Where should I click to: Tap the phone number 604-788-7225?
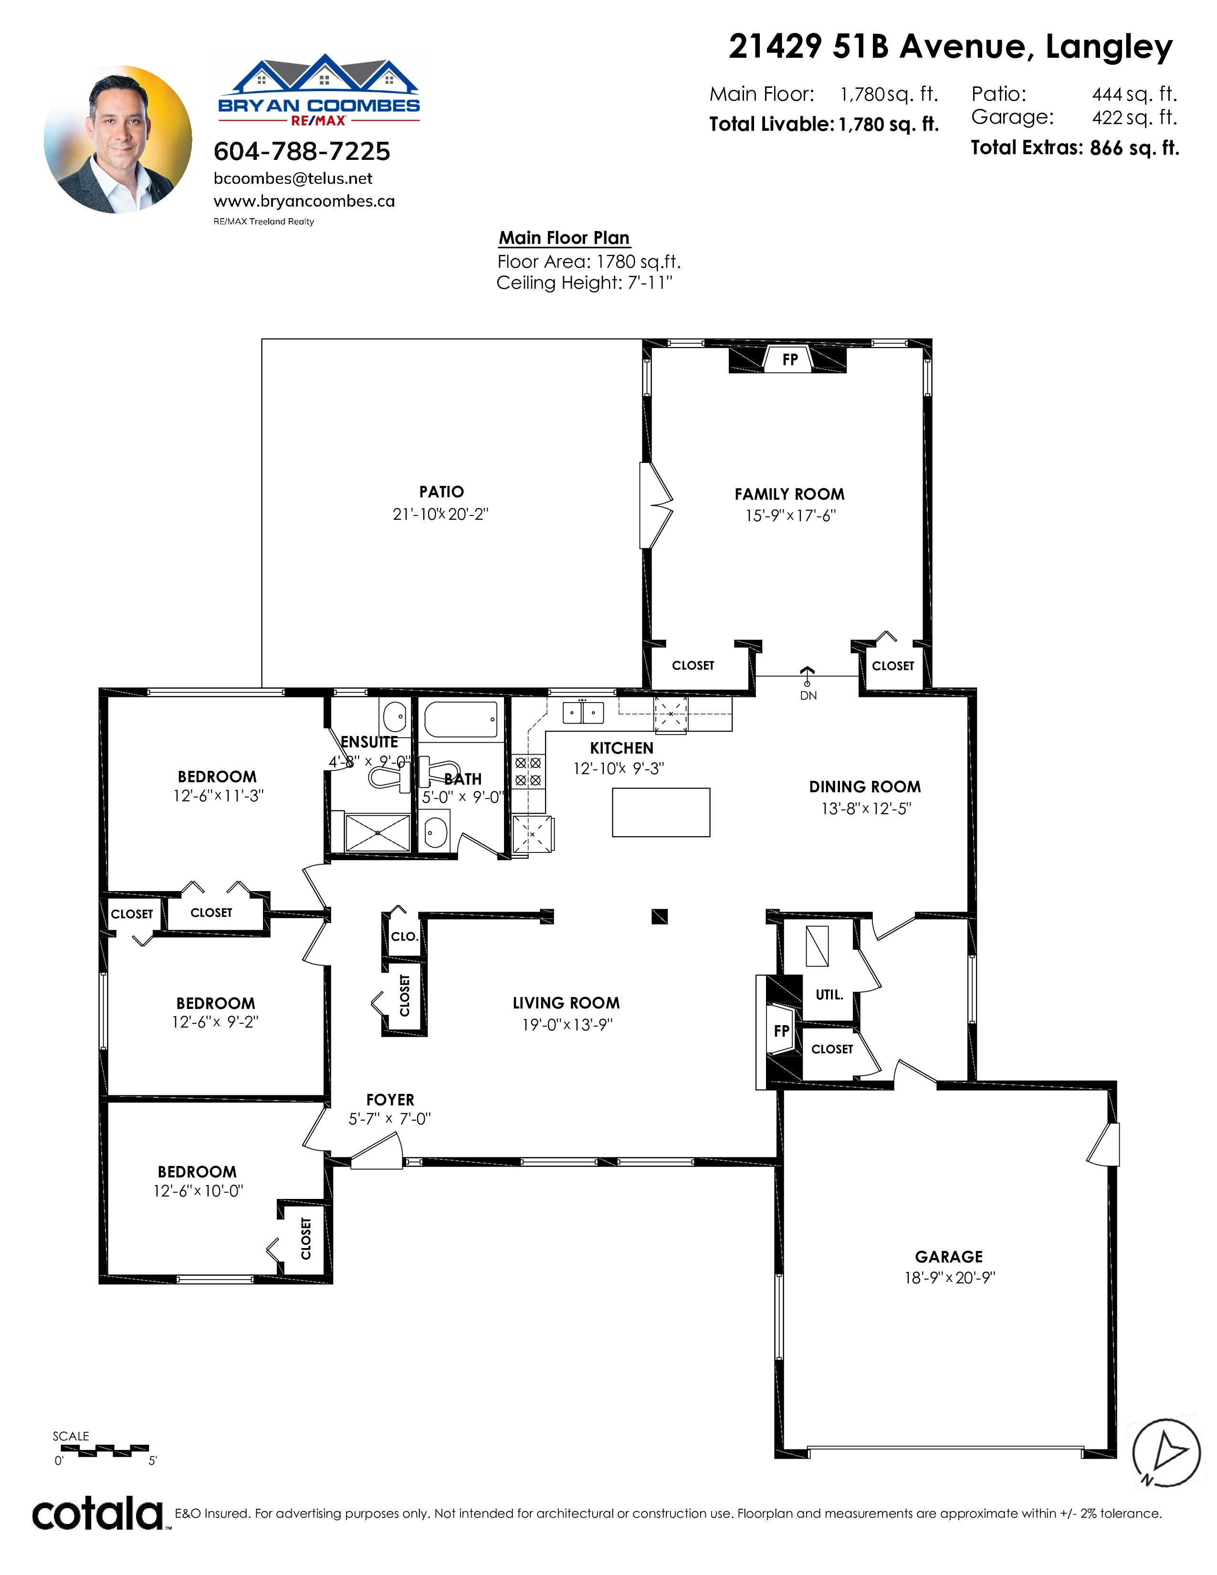coord(302,151)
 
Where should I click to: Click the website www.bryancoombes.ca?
coord(304,201)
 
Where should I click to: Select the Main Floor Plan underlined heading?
coord(565,238)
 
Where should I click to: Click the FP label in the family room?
coord(790,359)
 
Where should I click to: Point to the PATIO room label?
coord(441,492)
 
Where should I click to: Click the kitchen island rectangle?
coord(661,813)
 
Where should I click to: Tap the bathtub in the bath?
coord(461,720)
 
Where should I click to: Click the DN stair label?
coord(808,696)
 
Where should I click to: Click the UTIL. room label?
coord(829,995)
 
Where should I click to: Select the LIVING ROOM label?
coord(566,1003)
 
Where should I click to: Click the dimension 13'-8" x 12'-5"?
coord(866,809)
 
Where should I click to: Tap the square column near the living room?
coord(660,916)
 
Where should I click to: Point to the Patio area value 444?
coord(1107,94)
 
